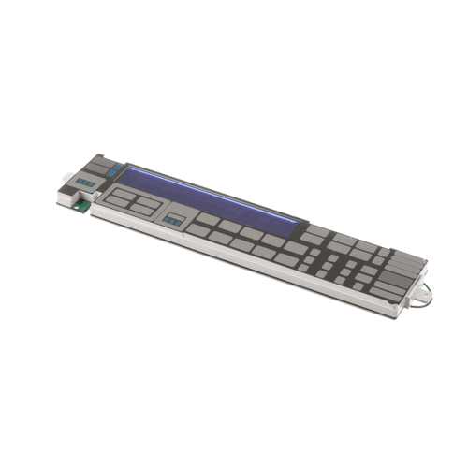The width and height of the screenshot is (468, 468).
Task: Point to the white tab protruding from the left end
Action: [65, 176]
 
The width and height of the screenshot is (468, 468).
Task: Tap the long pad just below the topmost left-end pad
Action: [95, 167]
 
